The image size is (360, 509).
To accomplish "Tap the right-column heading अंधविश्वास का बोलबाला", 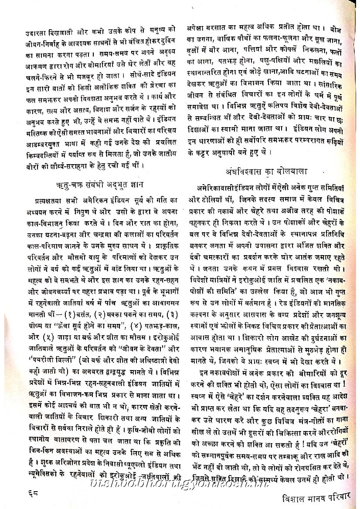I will (x=270, y=172).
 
